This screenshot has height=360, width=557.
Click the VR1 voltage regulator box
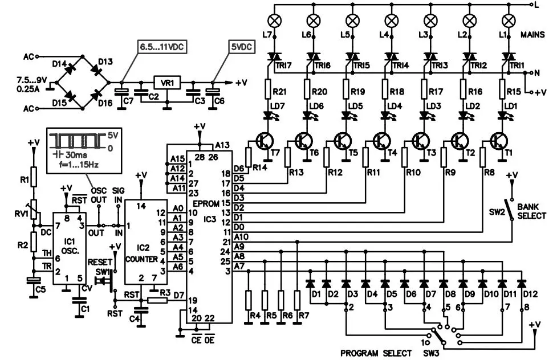coord(167,83)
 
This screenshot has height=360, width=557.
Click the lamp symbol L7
coord(274,21)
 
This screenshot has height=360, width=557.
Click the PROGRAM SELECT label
coord(376,353)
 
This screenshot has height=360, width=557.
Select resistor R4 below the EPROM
coord(249,300)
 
